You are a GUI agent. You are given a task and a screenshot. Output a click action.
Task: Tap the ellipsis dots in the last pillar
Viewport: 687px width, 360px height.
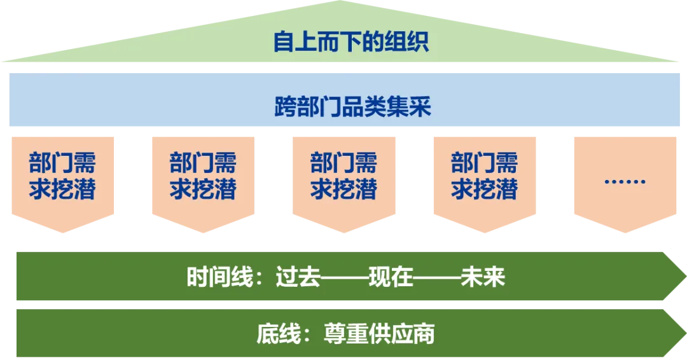point(624,181)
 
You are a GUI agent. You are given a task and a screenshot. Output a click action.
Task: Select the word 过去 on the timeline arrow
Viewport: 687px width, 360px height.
point(298,278)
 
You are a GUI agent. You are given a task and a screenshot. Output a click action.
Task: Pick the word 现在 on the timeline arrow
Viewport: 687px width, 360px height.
point(391,278)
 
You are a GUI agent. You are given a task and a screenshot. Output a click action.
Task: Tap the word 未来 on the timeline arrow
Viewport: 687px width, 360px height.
point(483,278)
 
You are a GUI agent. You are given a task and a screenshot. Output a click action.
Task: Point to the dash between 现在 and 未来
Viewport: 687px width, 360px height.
point(437,278)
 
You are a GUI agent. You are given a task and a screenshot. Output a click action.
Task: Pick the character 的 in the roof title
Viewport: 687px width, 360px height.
point(375,43)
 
